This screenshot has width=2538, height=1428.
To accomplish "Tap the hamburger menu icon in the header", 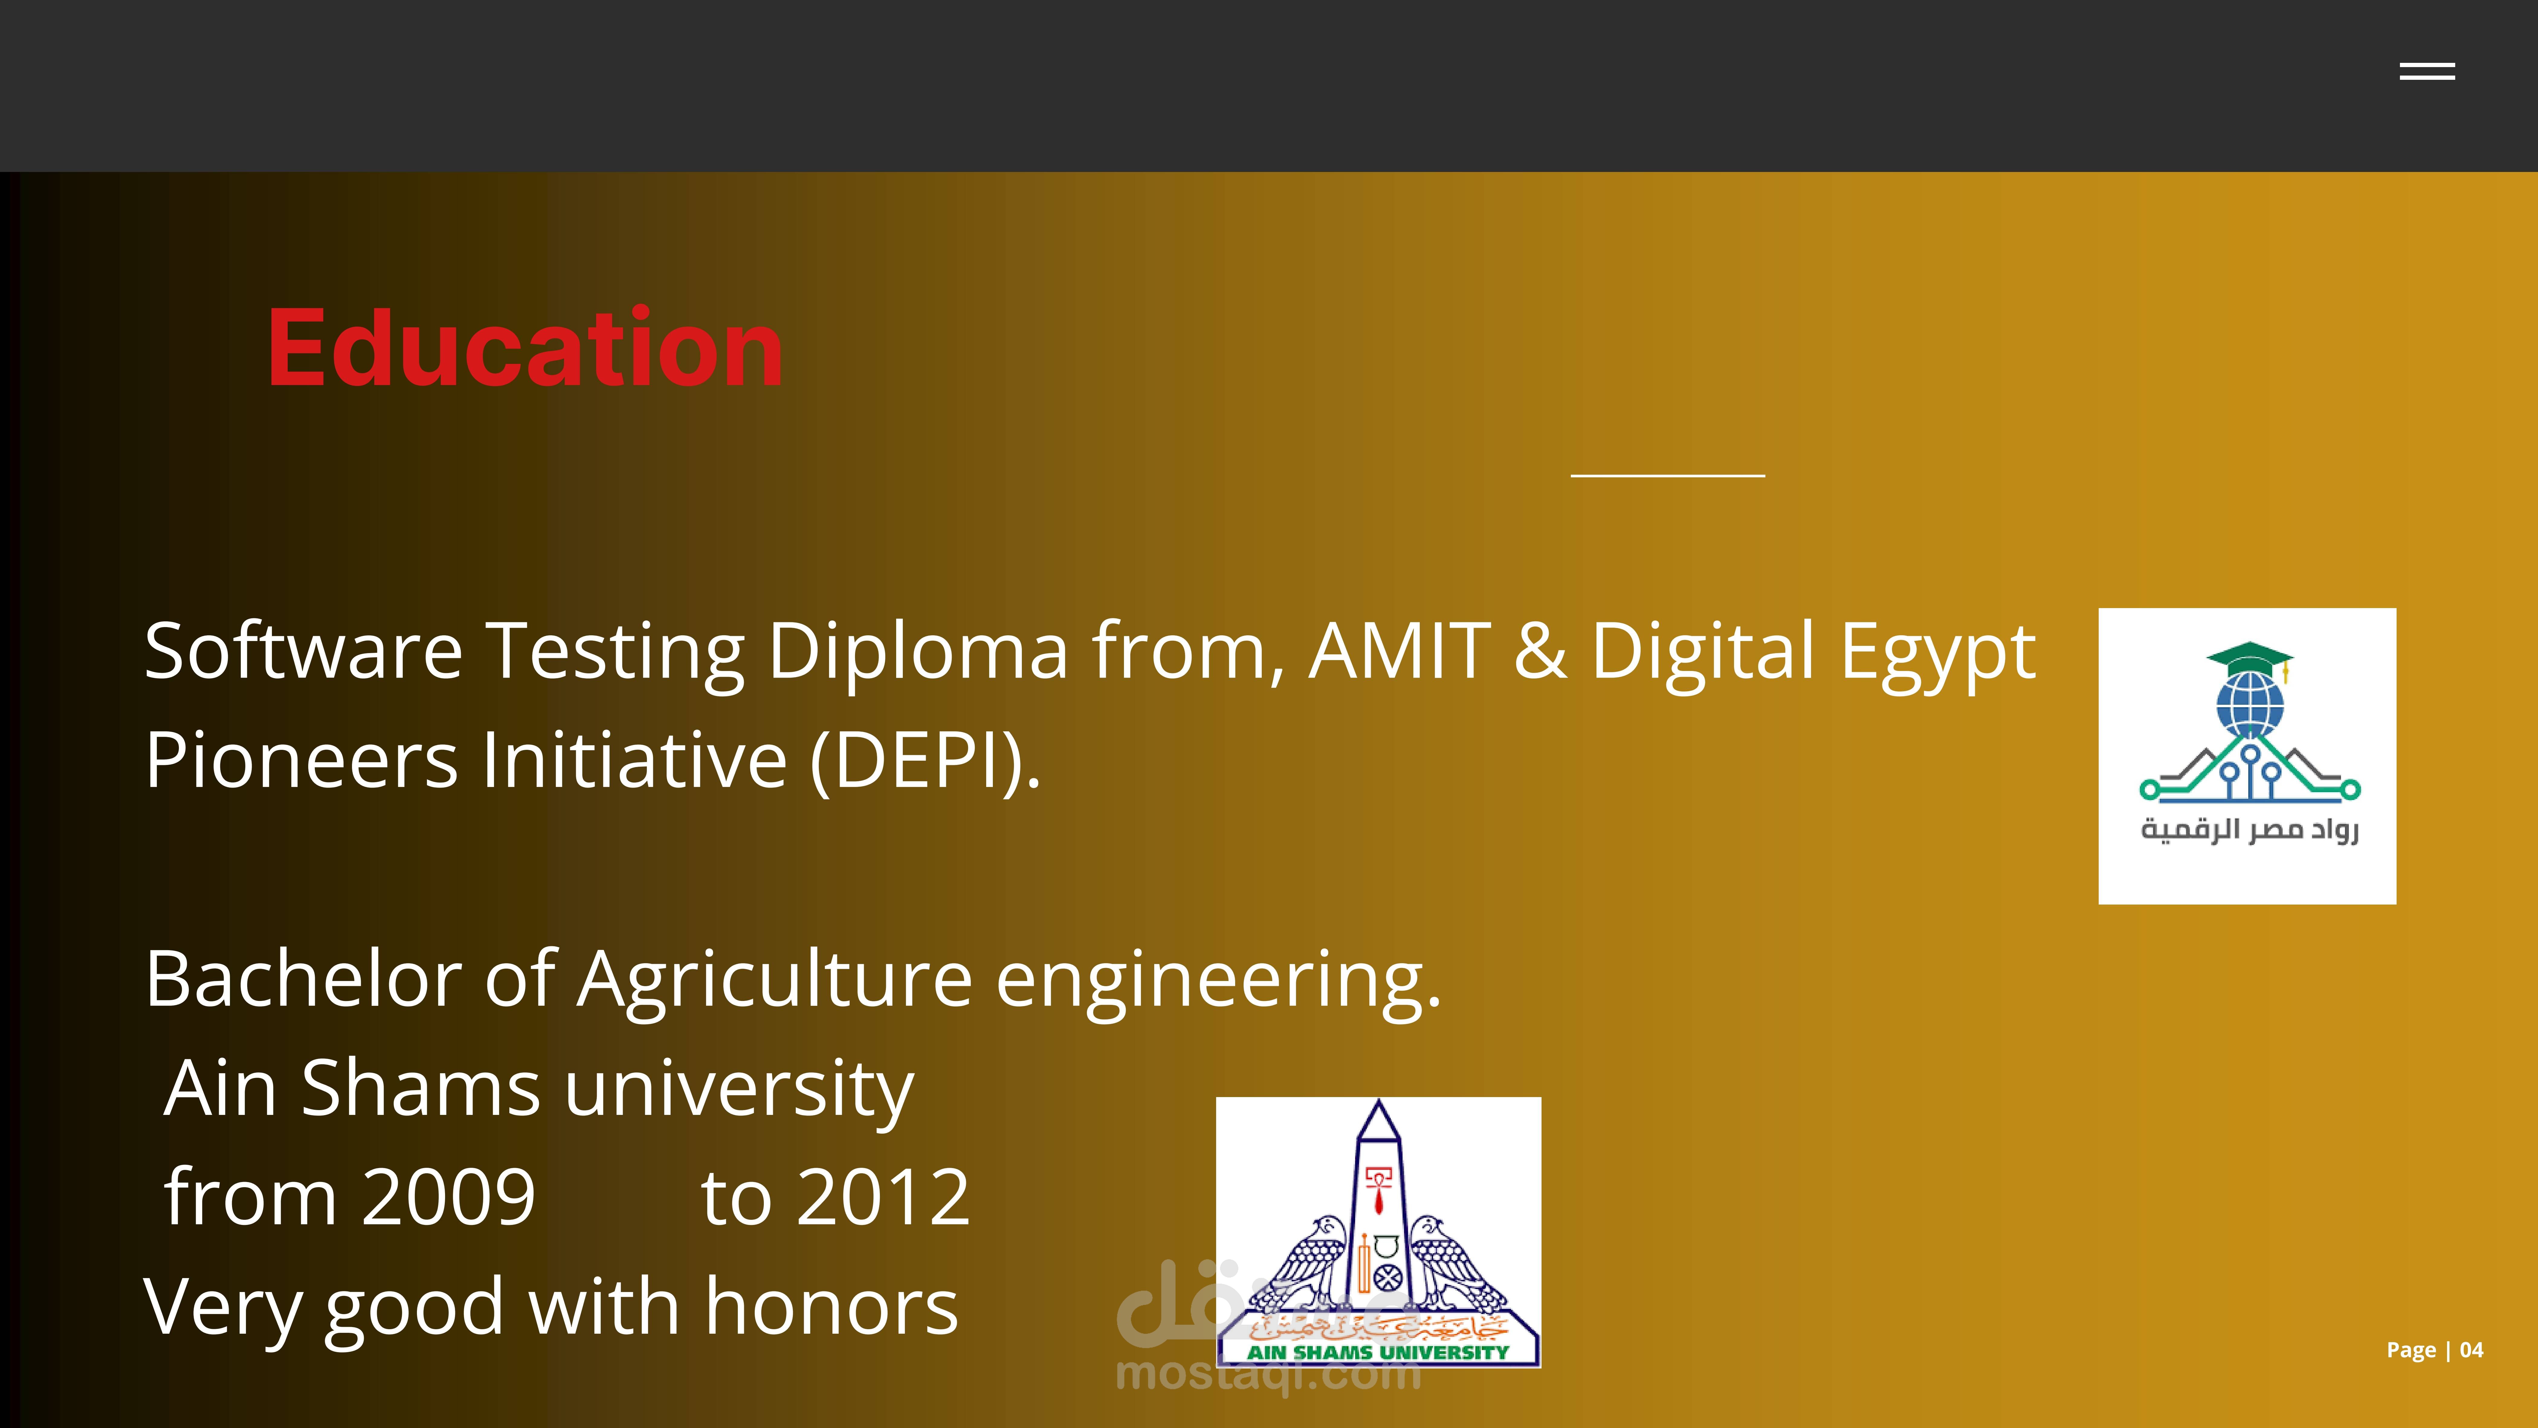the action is (x=2427, y=71).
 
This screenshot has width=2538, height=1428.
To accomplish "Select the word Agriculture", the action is (x=775, y=981).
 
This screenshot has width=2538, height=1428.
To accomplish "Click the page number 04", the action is (x=2471, y=1350).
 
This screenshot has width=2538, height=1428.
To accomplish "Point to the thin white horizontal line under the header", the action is (x=1667, y=476).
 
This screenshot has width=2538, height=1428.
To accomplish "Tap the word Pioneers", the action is (x=302, y=761).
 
